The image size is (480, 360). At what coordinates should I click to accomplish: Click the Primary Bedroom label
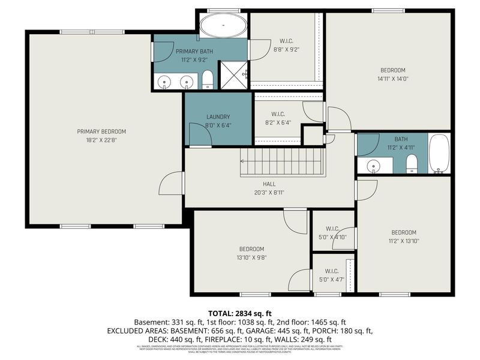(101, 131)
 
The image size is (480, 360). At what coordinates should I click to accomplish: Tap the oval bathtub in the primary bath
(222, 26)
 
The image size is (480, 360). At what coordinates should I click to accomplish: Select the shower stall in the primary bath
(234, 75)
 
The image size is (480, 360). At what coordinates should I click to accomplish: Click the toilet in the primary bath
(207, 79)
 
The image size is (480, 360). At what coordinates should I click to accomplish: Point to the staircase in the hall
(281, 162)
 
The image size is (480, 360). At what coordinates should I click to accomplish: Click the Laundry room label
(218, 117)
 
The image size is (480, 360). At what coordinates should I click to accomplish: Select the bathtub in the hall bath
(439, 154)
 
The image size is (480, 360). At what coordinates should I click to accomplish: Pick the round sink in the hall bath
(373, 166)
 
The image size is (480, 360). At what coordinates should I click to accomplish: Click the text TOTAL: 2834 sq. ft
(240, 313)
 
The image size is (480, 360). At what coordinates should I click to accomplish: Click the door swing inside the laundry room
(198, 134)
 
